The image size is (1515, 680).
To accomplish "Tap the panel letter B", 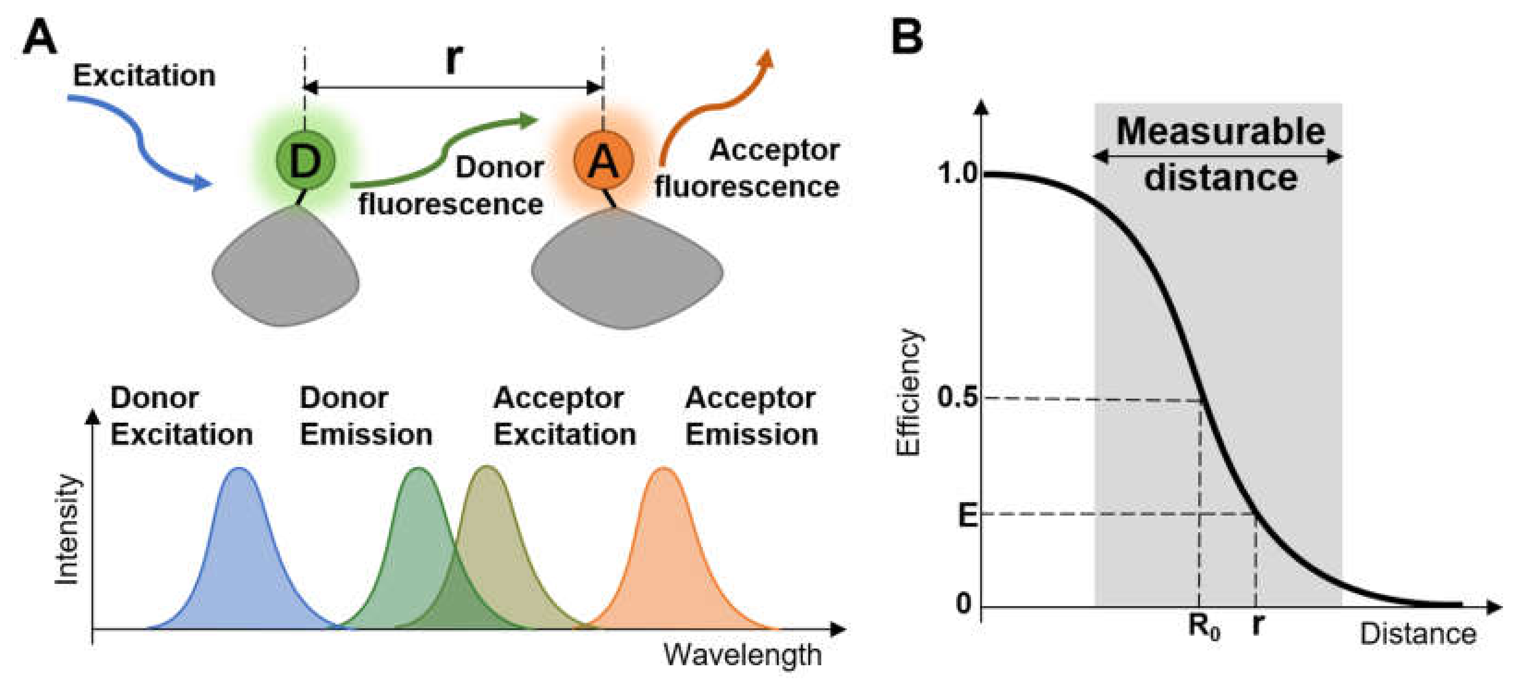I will coord(907,36).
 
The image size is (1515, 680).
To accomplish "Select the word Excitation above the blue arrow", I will coord(144,76).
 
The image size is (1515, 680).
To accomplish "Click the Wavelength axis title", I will coord(742,655).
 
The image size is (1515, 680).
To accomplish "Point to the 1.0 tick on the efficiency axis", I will coord(957,174).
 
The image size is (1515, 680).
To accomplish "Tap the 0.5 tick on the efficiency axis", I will coord(957,398).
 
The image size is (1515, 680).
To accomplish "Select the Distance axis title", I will coord(1418,634).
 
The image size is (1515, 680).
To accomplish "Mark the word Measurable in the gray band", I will coord(1220,132).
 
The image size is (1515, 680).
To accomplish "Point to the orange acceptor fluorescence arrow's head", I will coord(766,59).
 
